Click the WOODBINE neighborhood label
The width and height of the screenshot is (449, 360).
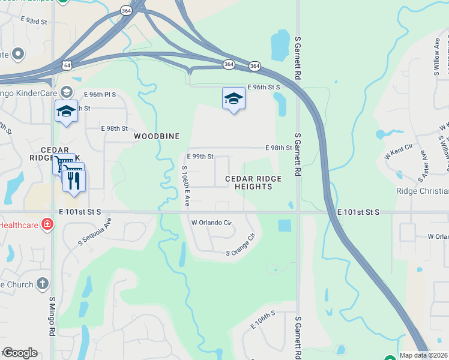(x=157, y=136)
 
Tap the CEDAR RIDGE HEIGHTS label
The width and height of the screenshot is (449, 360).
(x=249, y=182)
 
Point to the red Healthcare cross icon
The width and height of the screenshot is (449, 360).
(x=47, y=225)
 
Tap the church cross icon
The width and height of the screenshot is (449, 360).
(x=42, y=283)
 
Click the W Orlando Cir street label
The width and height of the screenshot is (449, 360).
(x=211, y=222)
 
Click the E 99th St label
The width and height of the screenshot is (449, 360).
(x=200, y=157)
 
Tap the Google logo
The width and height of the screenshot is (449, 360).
(x=20, y=353)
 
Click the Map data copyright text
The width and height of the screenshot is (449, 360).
(x=424, y=355)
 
